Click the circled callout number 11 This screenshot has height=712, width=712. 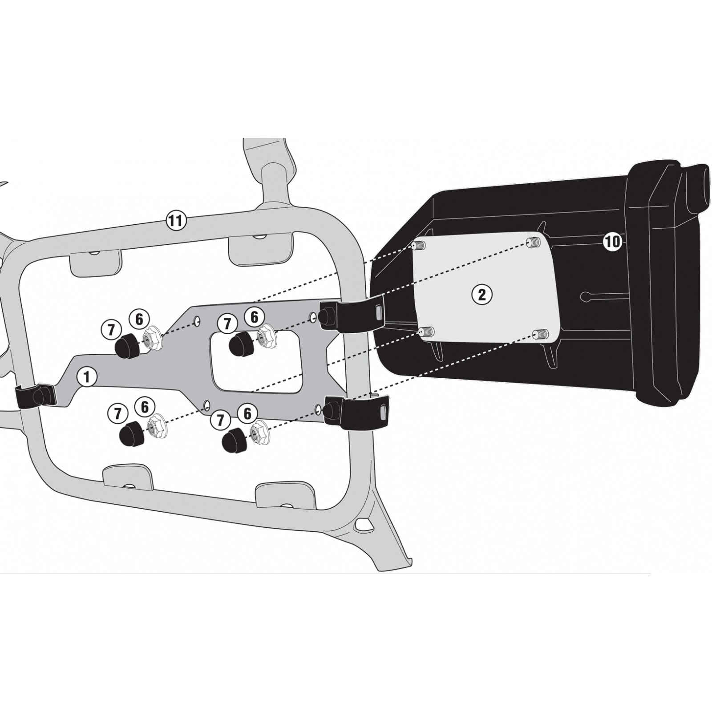[176, 221]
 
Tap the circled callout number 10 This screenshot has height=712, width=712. [612, 242]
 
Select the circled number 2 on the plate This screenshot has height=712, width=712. [482, 294]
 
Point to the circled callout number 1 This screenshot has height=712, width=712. [87, 377]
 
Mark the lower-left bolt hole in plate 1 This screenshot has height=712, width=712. [206, 405]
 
